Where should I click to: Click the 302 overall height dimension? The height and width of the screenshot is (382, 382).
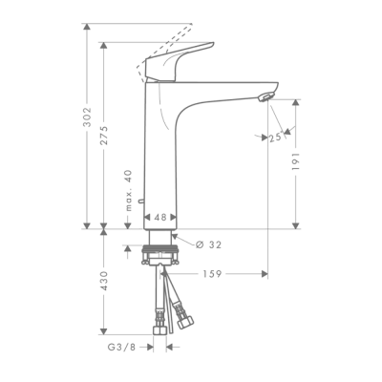(87, 117)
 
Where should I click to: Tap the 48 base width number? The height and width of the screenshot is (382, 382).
(160, 218)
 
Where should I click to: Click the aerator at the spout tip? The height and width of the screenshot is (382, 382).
(265, 96)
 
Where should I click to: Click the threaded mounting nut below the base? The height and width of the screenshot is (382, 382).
(159, 257)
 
